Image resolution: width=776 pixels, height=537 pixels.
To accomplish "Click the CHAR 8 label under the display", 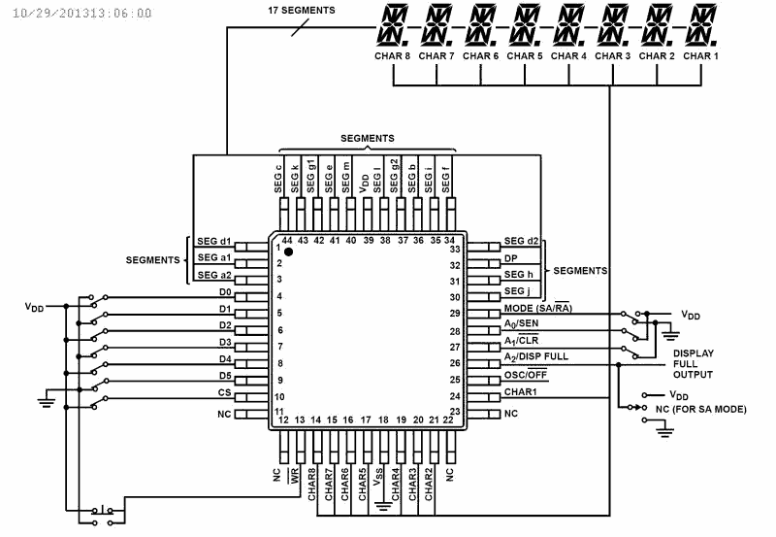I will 393,56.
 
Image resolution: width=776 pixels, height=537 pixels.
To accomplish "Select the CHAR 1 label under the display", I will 700,56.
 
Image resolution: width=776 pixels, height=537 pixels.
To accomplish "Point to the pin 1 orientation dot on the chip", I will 288,251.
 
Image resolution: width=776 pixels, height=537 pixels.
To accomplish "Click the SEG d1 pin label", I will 213,242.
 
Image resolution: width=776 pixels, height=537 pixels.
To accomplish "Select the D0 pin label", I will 225,291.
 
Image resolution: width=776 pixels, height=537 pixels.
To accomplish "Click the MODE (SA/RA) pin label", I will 536,308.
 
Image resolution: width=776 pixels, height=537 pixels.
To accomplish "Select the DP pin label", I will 510,258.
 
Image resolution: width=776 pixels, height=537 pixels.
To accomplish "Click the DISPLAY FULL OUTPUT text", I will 693,363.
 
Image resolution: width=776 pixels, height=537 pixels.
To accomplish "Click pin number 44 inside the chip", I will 286,239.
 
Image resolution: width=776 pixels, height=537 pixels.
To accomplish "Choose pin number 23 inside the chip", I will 455,413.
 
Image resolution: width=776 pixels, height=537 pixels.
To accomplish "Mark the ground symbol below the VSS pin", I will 385,504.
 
